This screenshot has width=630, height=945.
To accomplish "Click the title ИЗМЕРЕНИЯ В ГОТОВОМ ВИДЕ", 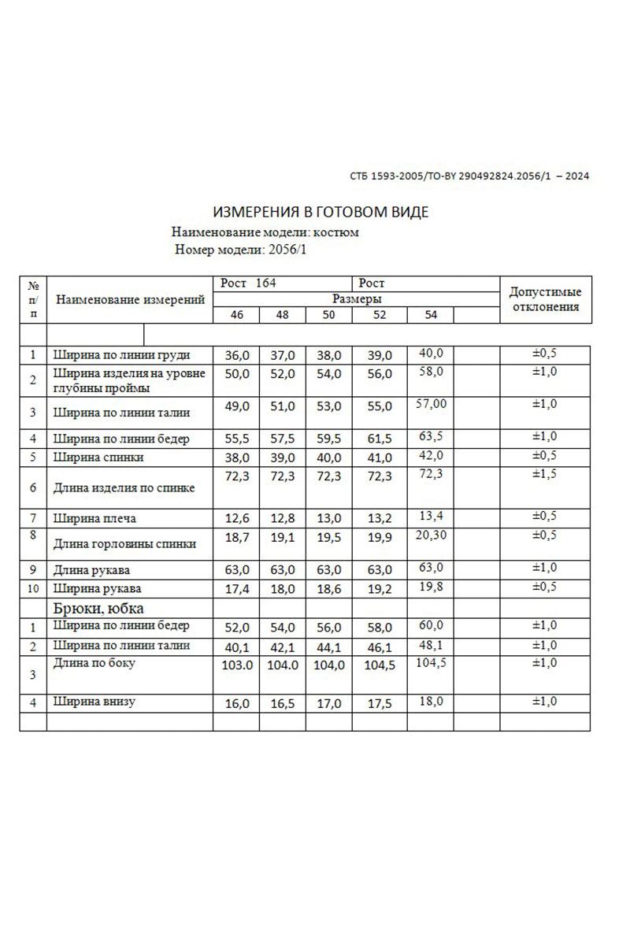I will [x=321, y=213].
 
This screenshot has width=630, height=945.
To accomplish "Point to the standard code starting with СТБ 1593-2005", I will [x=469, y=176].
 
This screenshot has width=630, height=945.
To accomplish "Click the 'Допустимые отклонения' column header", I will [x=547, y=299].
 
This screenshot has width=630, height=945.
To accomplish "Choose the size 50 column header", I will [x=328, y=315].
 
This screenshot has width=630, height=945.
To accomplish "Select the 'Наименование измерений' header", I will [x=131, y=299].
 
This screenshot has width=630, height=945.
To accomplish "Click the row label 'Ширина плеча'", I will [x=94, y=518].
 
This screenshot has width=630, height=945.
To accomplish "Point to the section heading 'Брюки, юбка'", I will [x=98, y=608].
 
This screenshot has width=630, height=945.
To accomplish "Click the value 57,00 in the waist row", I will [x=431, y=404].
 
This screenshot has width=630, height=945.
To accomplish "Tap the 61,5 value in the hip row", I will [x=379, y=439].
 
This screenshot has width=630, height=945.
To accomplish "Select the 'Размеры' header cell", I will [x=357, y=299].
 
